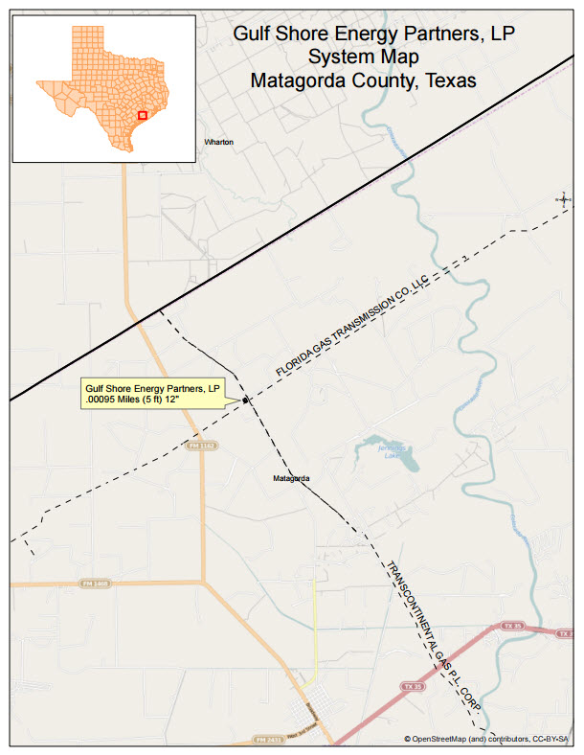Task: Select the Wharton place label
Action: [x=218, y=142]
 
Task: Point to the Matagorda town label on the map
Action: [x=291, y=477]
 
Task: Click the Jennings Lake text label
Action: [x=393, y=450]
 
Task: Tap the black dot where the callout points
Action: [x=246, y=399]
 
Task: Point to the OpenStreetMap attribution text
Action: [x=486, y=739]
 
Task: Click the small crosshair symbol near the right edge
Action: [x=563, y=198]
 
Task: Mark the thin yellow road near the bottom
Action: [x=316, y=623]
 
